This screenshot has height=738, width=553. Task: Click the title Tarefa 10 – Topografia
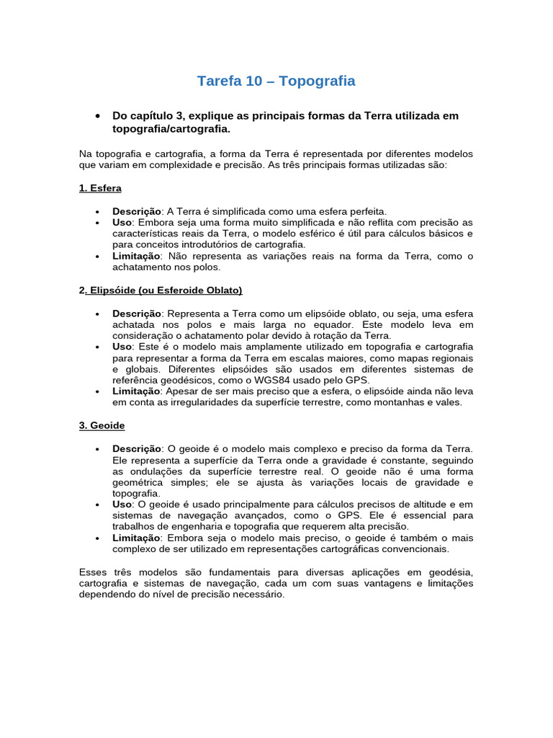[276, 81]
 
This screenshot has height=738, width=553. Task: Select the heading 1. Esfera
[100, 188]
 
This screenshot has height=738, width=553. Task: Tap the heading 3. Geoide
[102, 426]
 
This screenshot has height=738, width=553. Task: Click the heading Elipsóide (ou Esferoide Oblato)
[164, 290]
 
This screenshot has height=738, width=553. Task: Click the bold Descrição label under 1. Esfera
[137, 211]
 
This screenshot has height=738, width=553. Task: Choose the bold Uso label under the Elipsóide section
[122, 347]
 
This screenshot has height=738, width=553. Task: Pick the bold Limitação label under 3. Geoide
[137, 538]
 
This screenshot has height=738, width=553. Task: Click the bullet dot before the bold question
[96, 117]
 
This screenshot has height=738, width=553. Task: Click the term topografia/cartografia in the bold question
[171, 129]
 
